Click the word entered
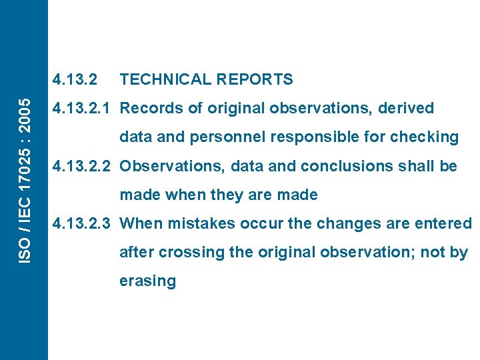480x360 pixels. click(443, 223)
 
